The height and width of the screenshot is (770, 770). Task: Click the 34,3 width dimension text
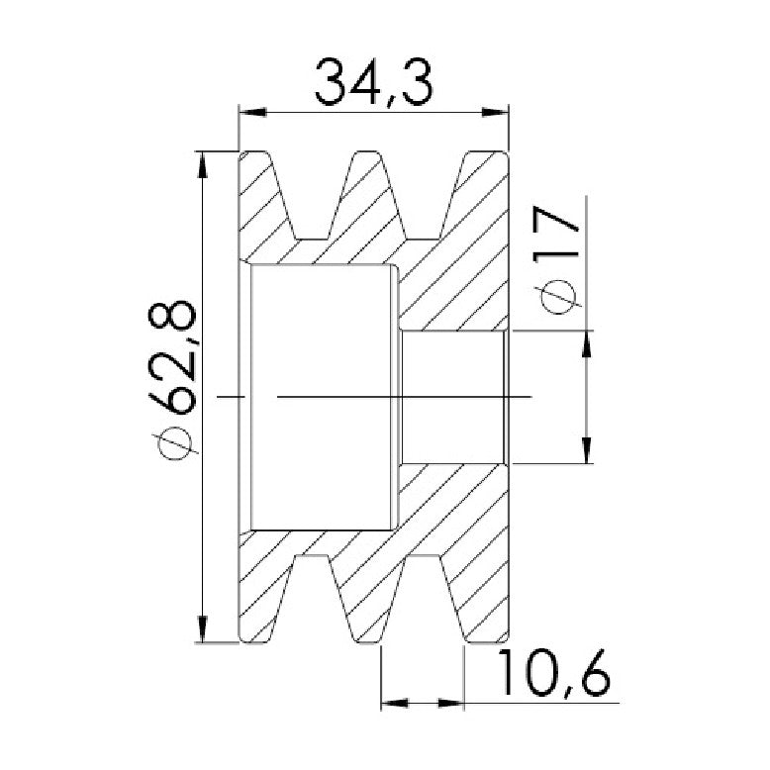(373, 83)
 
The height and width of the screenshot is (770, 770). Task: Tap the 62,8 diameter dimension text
(173, 356)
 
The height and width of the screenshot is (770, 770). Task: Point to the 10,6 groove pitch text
(554, 673)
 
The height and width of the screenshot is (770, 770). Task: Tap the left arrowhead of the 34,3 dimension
(252, 113)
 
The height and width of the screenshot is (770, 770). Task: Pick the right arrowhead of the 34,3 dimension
(495, 113)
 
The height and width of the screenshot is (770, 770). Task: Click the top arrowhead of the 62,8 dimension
(202, 165)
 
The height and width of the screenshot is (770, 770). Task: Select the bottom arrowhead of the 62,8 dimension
(202, 628)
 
